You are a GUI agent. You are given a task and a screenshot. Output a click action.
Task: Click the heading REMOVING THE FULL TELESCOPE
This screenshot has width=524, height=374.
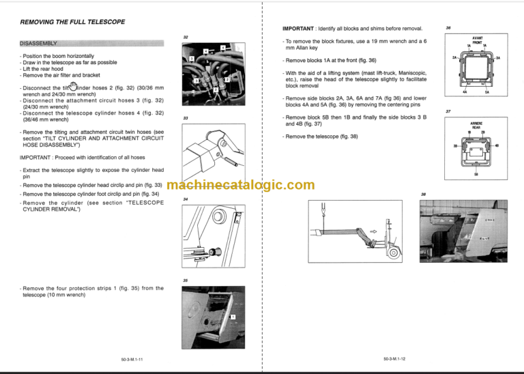(72, 22)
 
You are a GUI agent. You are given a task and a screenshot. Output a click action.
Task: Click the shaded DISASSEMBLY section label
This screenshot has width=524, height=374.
(40, 44)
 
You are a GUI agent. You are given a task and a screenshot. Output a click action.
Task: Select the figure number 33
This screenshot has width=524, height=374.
(186, 118)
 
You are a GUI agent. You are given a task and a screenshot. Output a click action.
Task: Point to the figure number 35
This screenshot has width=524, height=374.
(186, 280)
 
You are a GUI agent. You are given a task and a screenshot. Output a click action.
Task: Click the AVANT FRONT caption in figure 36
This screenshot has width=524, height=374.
(477, 42)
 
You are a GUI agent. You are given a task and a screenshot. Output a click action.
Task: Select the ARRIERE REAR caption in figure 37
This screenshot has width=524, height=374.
(477, 125)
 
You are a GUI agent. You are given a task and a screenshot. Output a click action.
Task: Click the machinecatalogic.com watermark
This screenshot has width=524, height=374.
(240, 185)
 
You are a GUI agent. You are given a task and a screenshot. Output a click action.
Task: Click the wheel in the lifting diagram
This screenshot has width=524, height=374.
(393, 255)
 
